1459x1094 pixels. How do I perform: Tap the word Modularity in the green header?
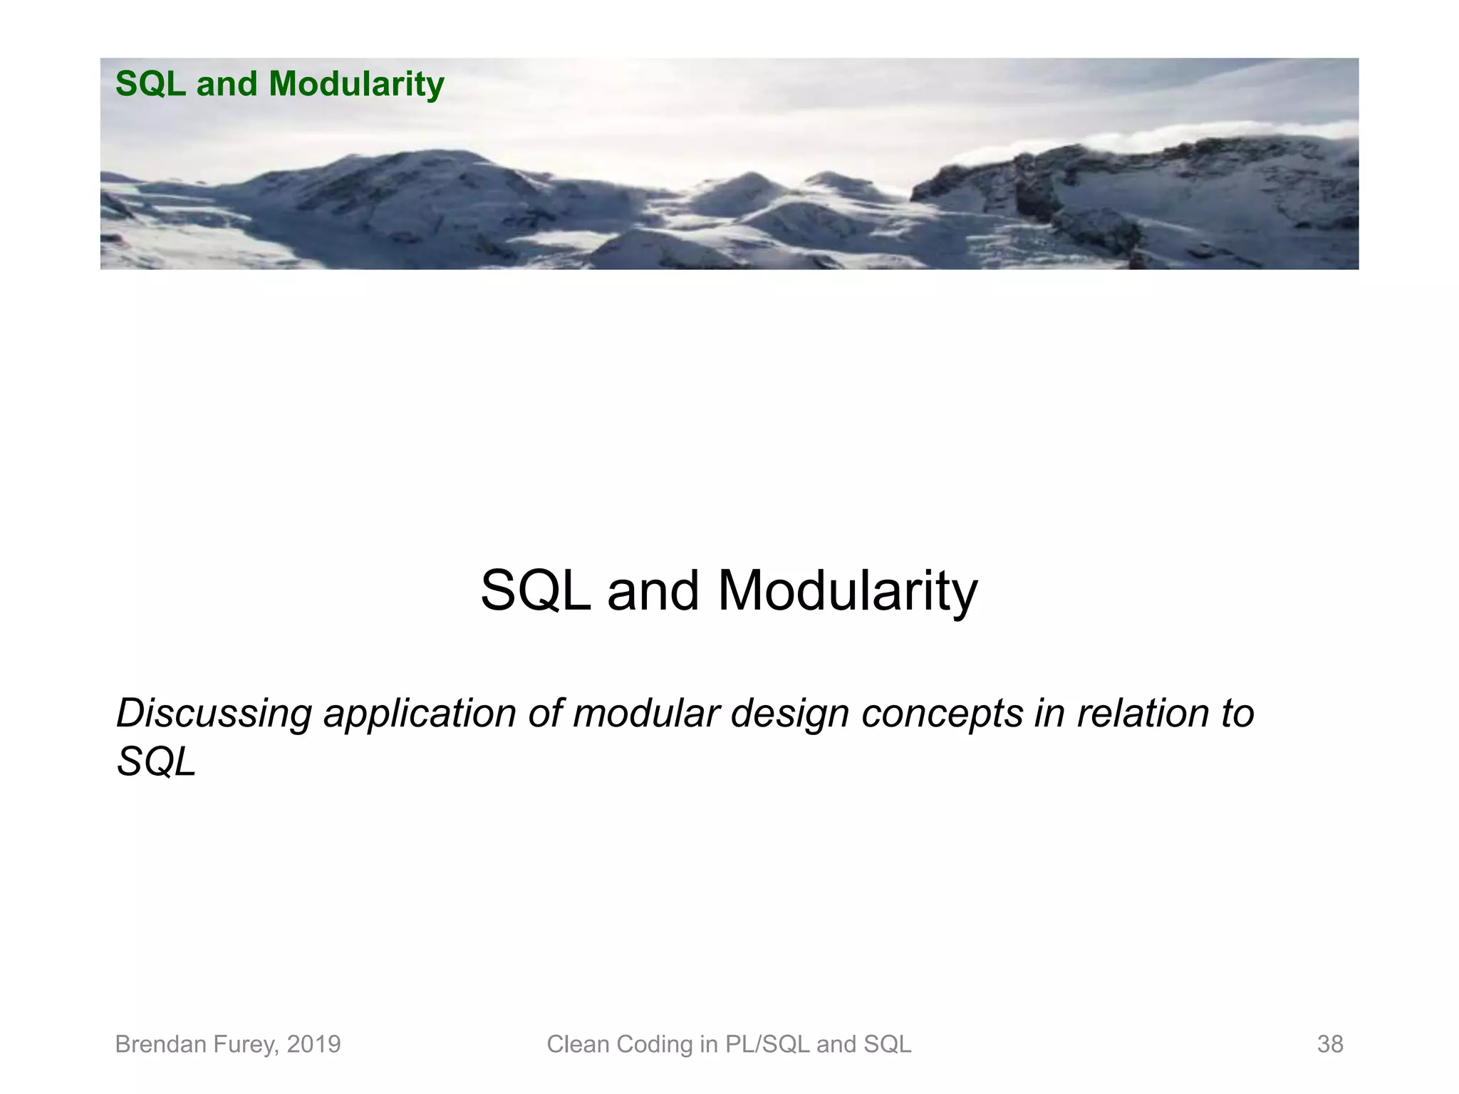click(356, 84)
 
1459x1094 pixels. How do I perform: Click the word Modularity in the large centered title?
click(847, 591)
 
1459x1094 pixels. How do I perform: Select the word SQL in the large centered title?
click(535, 591)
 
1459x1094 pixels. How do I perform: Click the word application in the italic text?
click(420, 714)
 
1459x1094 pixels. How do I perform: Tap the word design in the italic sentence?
click(789, 714)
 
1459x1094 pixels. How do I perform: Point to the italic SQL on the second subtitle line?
click(156, 762)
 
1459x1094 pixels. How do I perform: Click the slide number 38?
click(1329, 1044)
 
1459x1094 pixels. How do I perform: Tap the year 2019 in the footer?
click(313, 1044)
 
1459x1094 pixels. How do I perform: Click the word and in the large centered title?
click(653, 591)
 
